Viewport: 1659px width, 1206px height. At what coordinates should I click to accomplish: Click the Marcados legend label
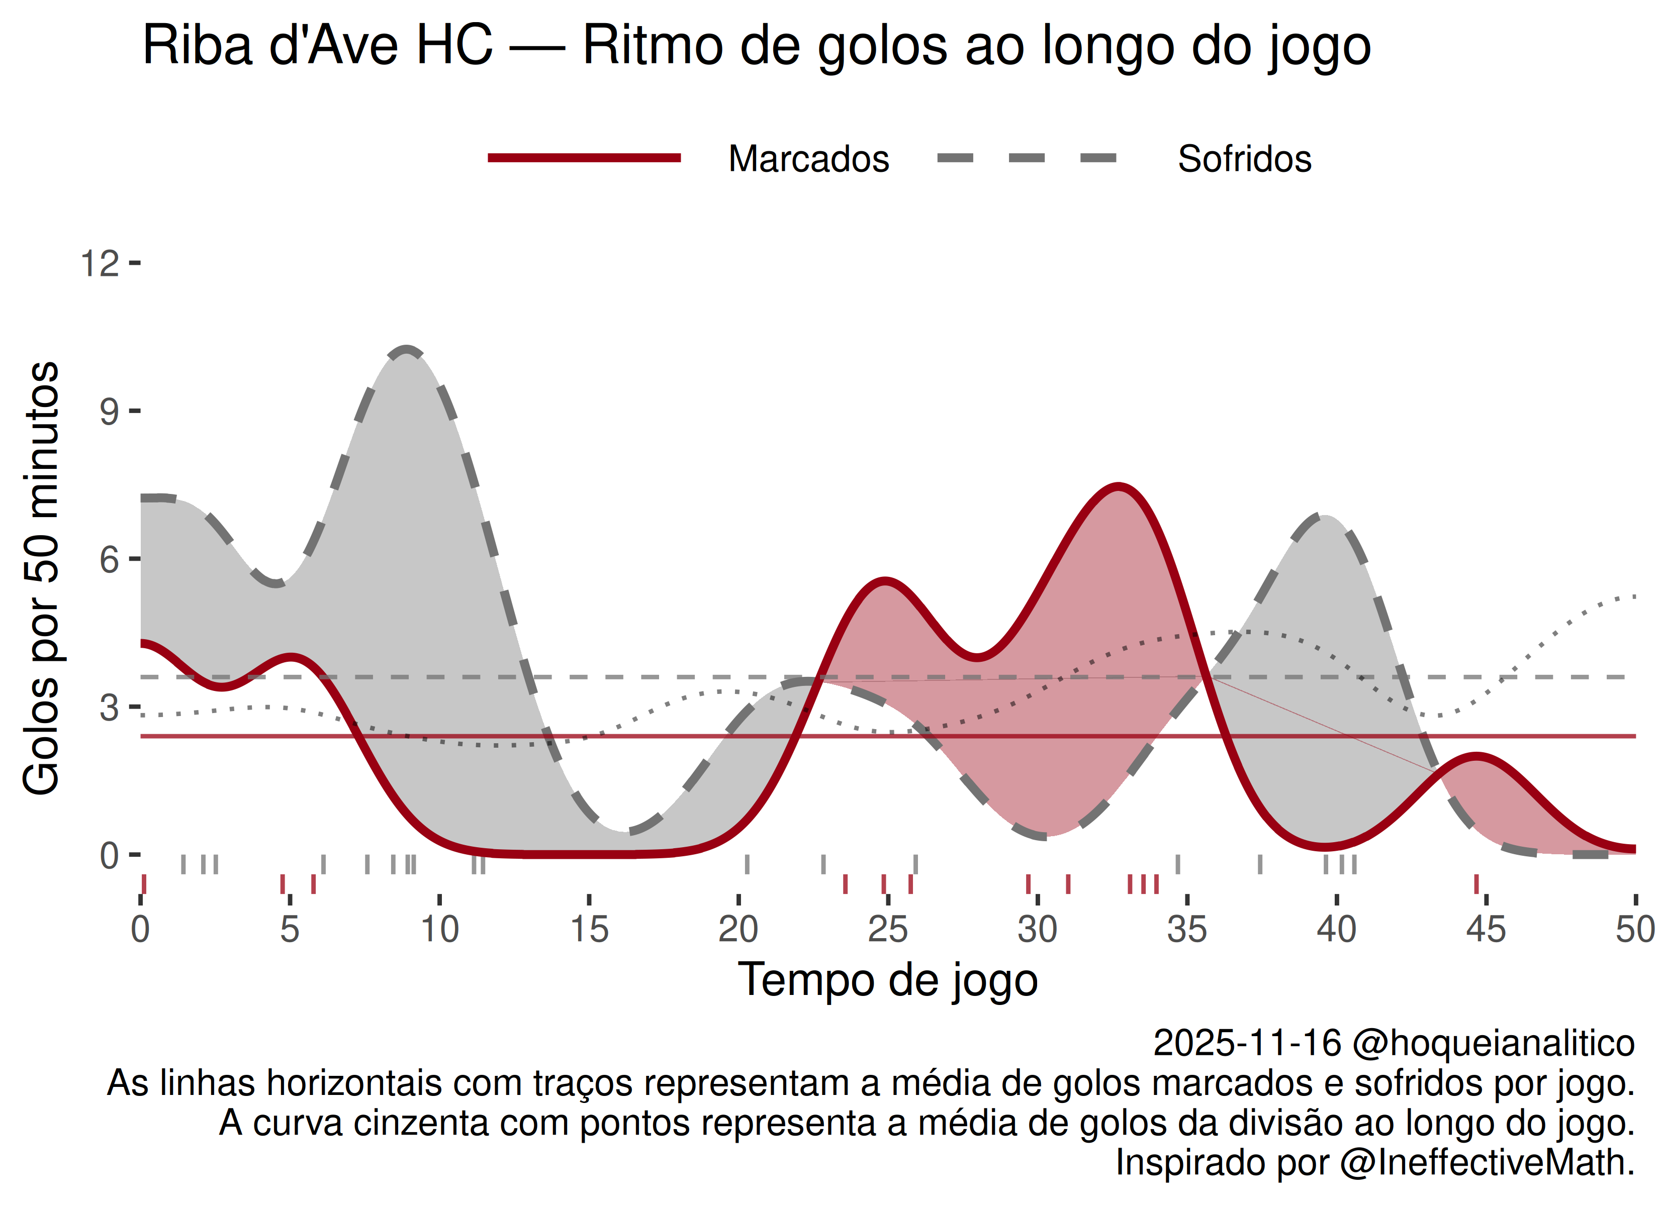(808, 159)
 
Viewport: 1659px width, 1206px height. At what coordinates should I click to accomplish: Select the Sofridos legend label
(1244, 159)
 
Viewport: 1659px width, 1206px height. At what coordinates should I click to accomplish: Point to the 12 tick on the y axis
(100, 263)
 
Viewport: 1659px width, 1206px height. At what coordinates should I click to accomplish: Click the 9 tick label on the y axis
(109, 412)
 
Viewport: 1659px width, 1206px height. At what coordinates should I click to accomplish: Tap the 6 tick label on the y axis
(109, 560)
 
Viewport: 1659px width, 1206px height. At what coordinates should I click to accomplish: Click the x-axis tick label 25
(887, 930)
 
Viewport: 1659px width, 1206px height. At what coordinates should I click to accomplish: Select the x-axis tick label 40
(1336, 930)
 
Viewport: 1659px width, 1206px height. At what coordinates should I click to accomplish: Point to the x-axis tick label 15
(589, 930)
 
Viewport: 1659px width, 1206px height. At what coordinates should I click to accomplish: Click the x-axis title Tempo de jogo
(887, 980)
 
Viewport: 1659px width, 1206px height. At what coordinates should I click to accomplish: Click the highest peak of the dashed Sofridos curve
(407, 350)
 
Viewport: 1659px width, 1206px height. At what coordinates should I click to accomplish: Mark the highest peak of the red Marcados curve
(1119, 486)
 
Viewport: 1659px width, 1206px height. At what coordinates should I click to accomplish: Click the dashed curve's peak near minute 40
(1324, 517)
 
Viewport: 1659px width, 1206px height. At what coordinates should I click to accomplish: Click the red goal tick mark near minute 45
(1476, 883)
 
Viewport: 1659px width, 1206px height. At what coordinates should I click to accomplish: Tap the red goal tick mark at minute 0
(143, 883)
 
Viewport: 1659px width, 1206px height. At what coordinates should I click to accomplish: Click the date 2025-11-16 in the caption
(1247, 1043)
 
